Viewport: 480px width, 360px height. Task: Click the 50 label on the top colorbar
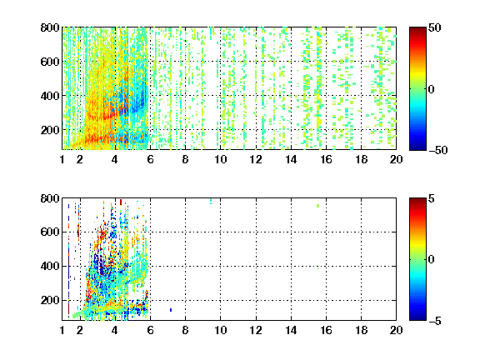[434, 27]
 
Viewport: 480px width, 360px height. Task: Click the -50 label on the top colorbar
[437, 150]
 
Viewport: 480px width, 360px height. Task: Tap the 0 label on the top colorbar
[431, 89]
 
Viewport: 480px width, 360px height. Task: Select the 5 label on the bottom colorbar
[431, 198]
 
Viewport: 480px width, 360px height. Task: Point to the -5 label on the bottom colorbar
[434, 321]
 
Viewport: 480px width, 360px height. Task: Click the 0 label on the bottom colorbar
[431, 260]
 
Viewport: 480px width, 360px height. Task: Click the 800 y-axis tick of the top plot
[50, 27]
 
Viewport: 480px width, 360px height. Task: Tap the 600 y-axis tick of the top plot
[50, 62]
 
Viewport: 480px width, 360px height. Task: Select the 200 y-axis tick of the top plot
[50, 130]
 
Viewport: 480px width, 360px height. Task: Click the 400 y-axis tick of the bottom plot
[50, 266]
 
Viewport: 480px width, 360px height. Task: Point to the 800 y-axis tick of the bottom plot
[50, 198]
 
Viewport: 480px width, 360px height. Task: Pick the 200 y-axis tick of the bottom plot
[50, 300]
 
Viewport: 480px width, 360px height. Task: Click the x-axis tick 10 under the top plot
[220, 159]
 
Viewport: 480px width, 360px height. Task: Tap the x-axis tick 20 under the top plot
[396, 159]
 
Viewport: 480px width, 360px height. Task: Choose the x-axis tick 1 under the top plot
[62, 159]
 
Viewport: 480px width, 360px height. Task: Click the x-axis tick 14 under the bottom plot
[291, 330]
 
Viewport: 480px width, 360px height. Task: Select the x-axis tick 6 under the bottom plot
[150, 330]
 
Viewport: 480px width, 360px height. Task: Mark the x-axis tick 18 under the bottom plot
[361, 330]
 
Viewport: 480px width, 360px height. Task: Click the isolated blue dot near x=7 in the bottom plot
[171, 310]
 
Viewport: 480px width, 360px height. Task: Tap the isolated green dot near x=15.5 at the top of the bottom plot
[318, 206]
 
